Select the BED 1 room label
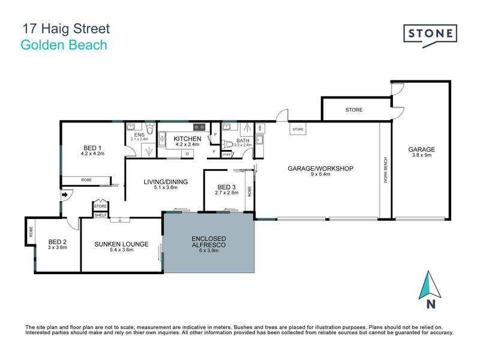click(x=92, y=148)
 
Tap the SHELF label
click(x=100, y=215)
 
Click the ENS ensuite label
click(x=139, y=135)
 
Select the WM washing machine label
click(x=259, y=128)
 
